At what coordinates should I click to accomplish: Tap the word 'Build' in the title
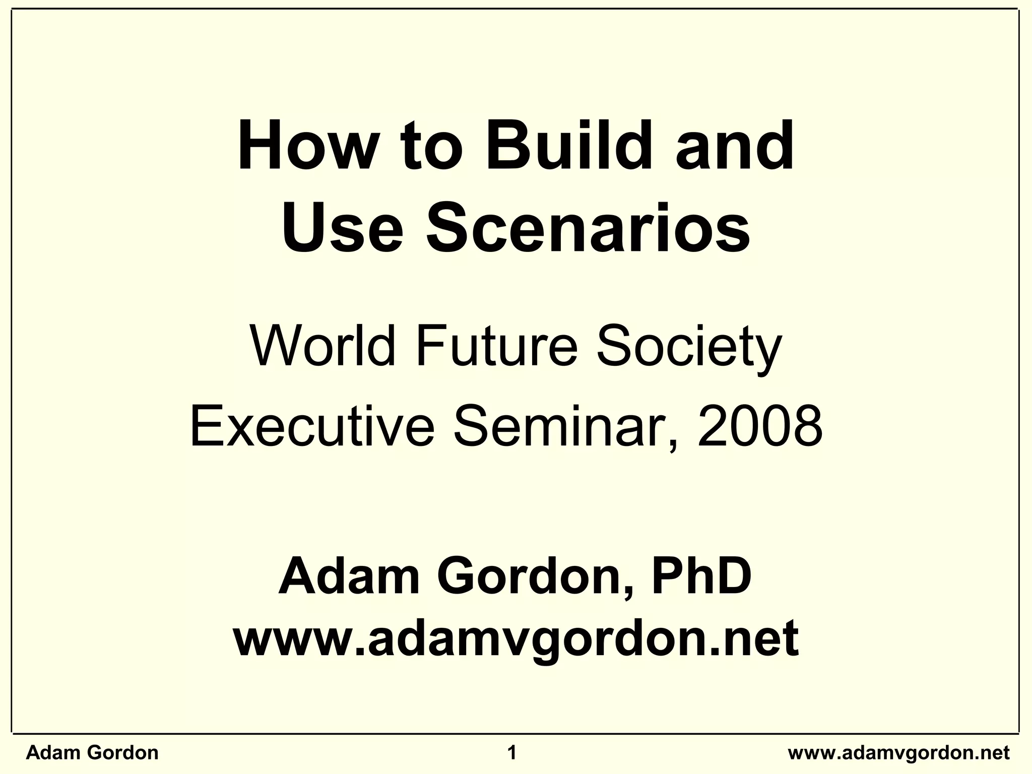tap(565, 147)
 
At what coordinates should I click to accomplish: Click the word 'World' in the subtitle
tap(322, 347)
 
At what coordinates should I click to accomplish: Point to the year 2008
tap(760, 427)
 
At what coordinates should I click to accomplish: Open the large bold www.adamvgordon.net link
tap(515, 639)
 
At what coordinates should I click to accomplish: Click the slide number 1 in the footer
tap(512, 753)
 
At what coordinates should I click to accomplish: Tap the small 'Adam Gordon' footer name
tap(92, 753)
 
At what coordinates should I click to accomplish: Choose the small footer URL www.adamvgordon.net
tap(898, 753)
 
